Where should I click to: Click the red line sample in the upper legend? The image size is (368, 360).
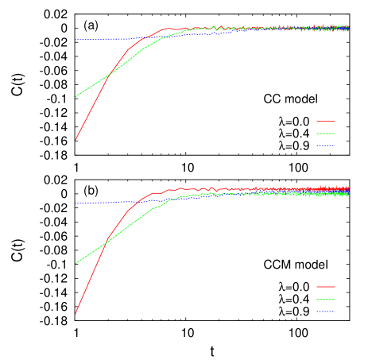[325, 122]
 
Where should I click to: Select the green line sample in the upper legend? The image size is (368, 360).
[325, 134]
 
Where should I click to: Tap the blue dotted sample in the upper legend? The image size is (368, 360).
[325, 145]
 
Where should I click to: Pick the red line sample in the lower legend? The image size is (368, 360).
[325, 287]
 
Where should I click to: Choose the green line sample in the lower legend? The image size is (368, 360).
[325, 300]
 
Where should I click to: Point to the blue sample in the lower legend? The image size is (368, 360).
[325, 312]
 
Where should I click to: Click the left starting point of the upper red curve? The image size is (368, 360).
[76, 140]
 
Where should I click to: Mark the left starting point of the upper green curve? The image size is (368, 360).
[76, 97]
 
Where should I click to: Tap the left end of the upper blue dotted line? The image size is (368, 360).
[76, 40]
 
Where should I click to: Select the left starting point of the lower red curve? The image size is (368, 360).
[76, 313]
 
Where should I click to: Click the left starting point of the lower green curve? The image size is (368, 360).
[76, 263]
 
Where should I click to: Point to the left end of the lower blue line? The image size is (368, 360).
[76, 203]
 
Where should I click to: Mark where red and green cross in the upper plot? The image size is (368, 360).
[110, 73]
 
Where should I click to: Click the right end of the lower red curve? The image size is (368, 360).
[348, 188]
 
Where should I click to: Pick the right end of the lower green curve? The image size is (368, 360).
[348, 194]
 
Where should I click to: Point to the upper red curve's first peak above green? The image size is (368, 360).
[166, 29]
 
